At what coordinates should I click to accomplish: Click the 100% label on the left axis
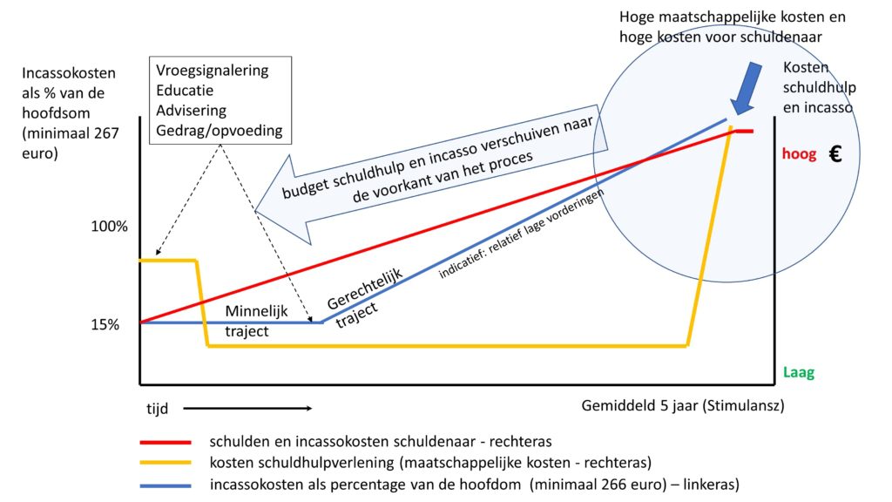pyautogui.click(x=109, y=227)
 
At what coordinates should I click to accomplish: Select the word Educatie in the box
pyautogui.click(x=185, y=90)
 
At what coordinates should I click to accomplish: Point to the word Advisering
pyautogui.click(x=191, y=111)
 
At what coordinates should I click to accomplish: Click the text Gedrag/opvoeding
pyautogui.click(x=220, y=132)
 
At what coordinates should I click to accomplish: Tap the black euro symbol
pyautogui.click(x=835, y=154)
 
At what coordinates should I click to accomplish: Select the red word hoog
pyautogui.click(x=799, y=154)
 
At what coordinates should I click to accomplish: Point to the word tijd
pyautogui.click(x=158, y=407)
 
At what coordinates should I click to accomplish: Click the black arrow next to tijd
pyautogui.click(x=247, y=407)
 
